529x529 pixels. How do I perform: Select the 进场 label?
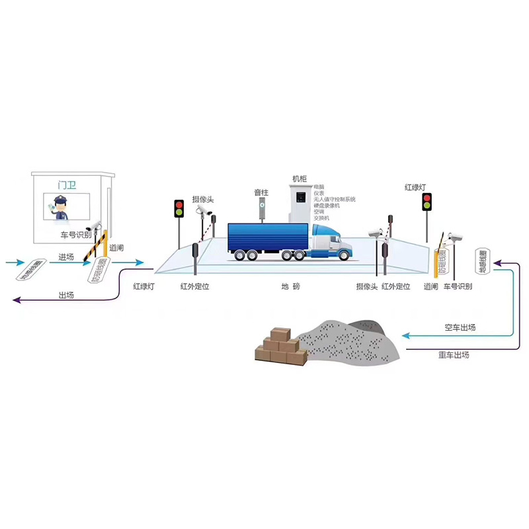click(66, 257)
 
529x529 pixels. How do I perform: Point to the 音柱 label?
click(262, 192)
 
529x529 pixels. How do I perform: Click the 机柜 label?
click(301, 179)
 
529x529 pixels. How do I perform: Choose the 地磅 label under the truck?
click(290, 286)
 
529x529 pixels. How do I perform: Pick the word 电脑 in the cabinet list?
click(319, 186)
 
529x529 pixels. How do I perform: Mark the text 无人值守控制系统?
click(335, 199)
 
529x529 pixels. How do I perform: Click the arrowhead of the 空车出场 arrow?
click(405, 336)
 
